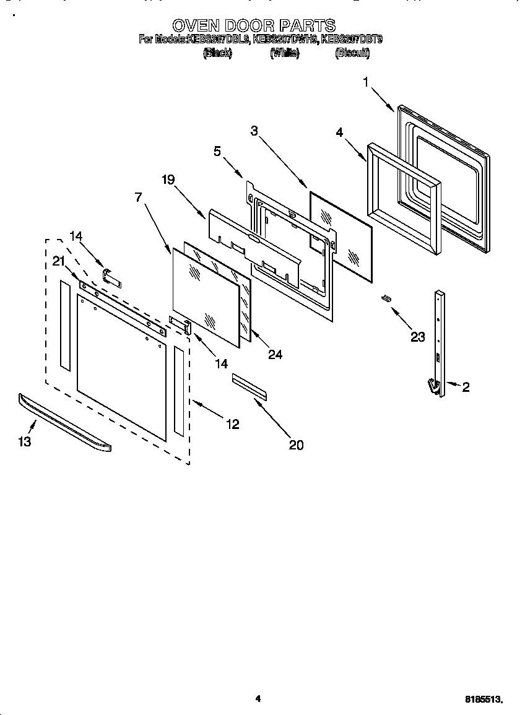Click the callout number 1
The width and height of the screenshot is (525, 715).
pyautogui.click(x=366, y=82)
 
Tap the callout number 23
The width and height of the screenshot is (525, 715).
pyautogui.click(x=418, y=337)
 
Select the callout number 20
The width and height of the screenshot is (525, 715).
pyautogui.click(x=297, y=444)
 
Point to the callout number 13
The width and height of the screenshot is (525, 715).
pyautogui.click(x=25, y=441)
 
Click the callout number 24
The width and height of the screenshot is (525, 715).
pyautogui.click(x=275, y=354)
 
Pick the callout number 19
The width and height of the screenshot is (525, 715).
pyautogui.click(x=168, y=180)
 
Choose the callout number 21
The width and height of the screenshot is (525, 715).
pyautogui.click(x=59, y=262)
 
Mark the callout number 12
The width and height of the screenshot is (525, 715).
pyautogui.click(x=232, y=424)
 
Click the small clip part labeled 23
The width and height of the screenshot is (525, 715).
pyautogui.click(x=386, y=298)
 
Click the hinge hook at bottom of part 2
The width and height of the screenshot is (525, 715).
pyautogui.click(x=433, y=386)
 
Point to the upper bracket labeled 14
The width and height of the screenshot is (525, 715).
pyautogui.click(x=112, y=276)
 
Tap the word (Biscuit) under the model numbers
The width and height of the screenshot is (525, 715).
pyautogui.click(x=352, y=54)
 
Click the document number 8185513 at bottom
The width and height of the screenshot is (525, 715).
pyautogui.click(x=483, y=700)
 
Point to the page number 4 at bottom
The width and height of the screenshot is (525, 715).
pyautogui.click(x=258, y=699)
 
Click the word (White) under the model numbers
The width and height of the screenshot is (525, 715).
pyautogui.click(x=284, y=54)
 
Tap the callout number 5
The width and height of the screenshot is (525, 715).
pyautogui.click(x=217, y=151)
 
